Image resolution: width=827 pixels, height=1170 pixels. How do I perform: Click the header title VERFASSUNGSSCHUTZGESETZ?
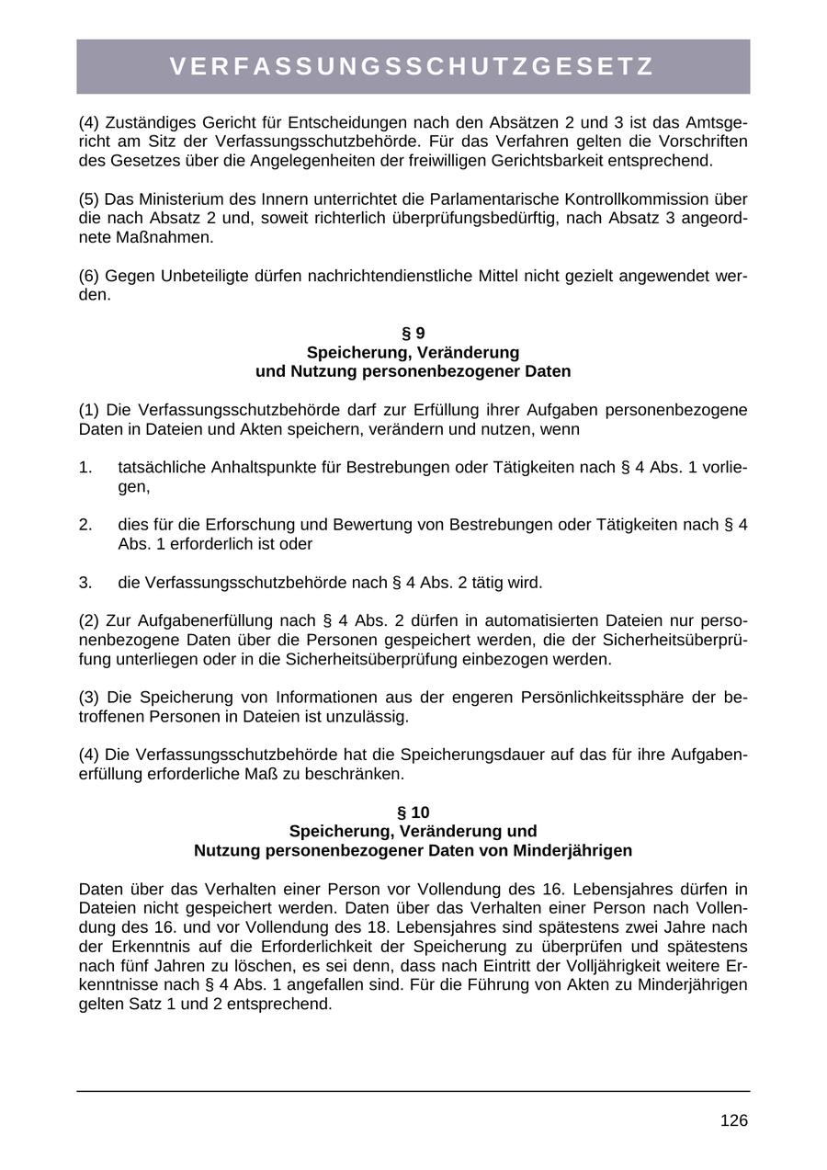(413, 66)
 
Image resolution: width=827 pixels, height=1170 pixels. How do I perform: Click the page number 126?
(733, 1120)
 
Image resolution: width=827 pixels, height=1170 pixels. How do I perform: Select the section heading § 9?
(413, 333)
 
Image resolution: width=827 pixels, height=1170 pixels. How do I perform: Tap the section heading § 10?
(413, 812)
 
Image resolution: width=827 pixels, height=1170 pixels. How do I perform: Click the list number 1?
(85, 467)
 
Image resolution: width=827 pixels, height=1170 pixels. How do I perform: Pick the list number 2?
(85, 525)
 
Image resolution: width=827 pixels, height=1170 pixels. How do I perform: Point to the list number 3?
(85, 583)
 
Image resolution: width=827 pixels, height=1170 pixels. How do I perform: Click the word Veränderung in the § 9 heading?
(473, 352)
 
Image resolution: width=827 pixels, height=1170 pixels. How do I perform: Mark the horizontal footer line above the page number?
(413, 1091)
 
